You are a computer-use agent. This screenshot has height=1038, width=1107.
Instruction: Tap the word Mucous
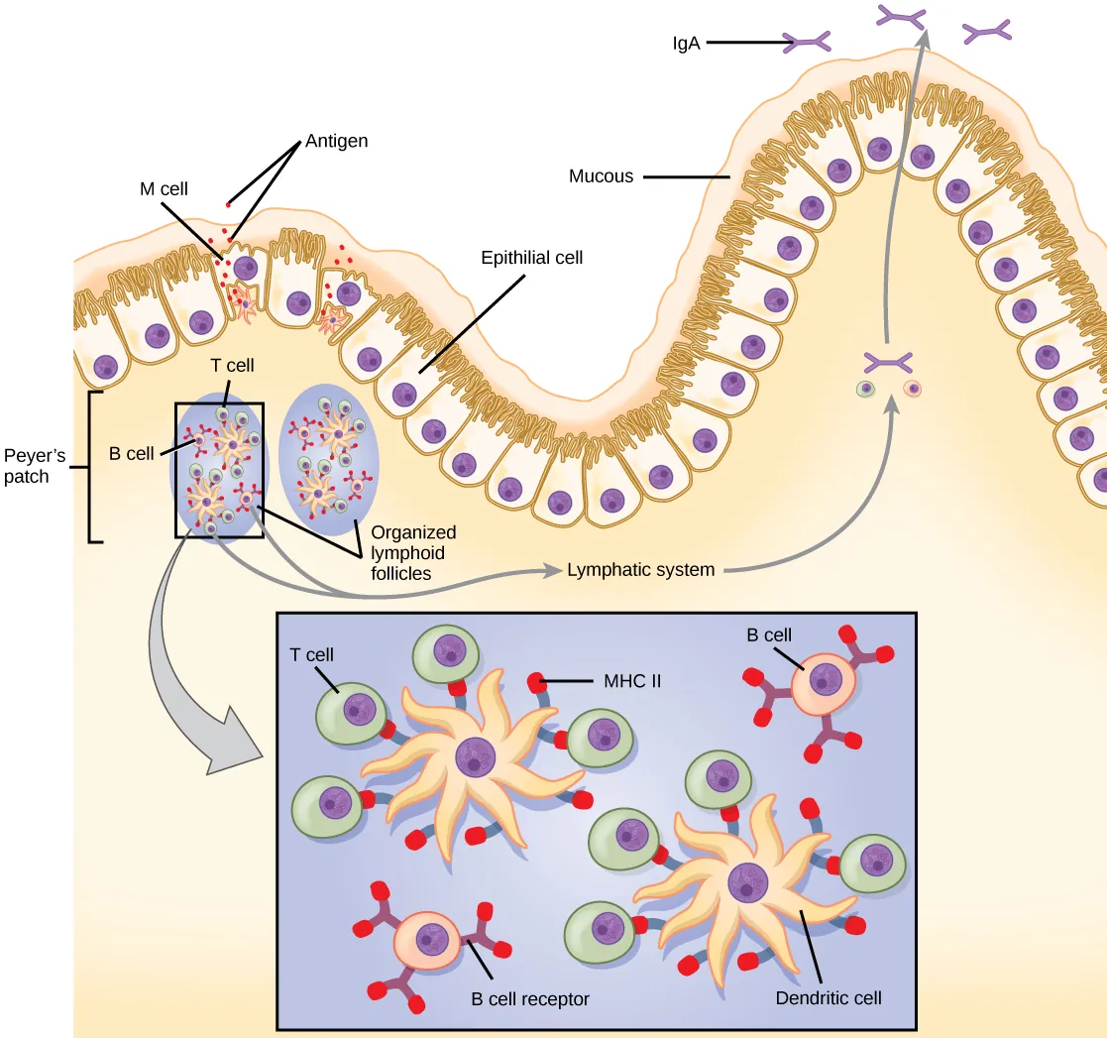click(x=601, y=176)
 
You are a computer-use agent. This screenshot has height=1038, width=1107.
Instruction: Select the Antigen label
click(x=336, y=141)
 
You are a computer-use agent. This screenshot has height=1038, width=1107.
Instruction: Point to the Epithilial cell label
click(x=531, y=258)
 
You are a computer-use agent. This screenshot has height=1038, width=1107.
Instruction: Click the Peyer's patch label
click(x=35, y=466)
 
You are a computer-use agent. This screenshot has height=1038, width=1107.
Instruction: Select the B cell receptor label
click(x=529, y=998)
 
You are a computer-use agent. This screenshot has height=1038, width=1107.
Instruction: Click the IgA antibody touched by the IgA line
click(x=807, y=42)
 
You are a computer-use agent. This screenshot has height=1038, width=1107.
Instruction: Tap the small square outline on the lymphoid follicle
click(x=220, y=469)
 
